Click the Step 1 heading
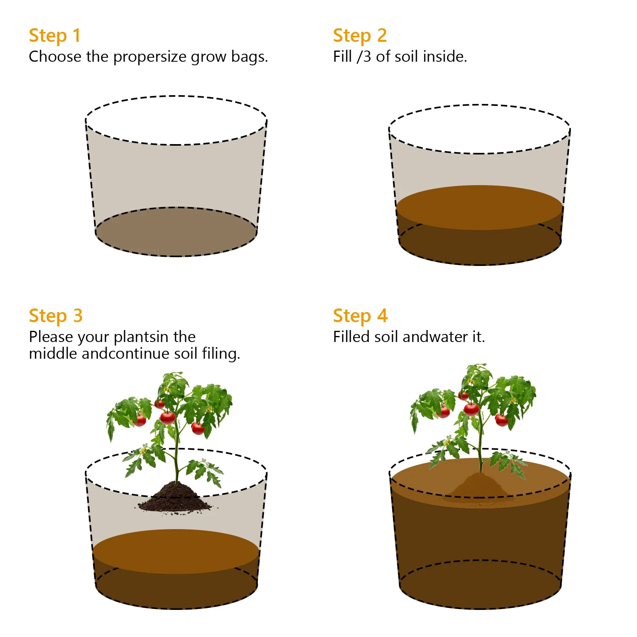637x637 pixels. click(x=55, y=35)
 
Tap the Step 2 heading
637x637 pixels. click(x=360, y=35)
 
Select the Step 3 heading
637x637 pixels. click(x=56, y=316)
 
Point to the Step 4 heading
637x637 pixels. click(x=360, y=316)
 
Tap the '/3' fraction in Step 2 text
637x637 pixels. click(x=364, y=57)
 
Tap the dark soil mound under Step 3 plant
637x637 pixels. click(x=175, y=497)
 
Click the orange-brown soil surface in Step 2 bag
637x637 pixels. click(x=480, y=207)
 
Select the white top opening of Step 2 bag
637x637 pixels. click(x=480, y=129)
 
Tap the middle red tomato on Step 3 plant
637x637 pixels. click(x=168, y=418)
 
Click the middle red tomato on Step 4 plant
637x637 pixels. click(x=471, y=409)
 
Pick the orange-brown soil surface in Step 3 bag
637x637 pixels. click(x=176, y=551)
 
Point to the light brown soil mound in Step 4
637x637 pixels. click(x=479, y=485)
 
